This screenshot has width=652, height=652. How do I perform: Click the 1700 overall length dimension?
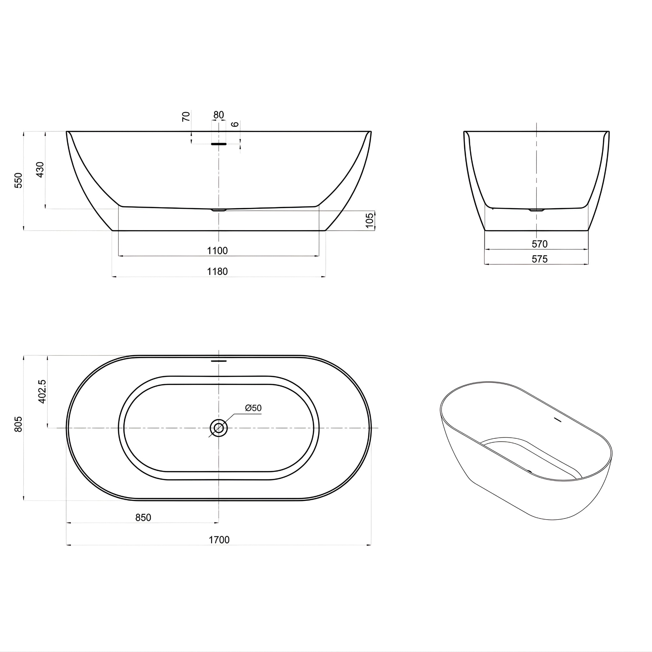(x=219, y=540)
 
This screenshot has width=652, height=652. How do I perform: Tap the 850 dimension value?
(x=143, y=517)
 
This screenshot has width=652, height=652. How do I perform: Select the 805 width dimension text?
(x=18, y=424)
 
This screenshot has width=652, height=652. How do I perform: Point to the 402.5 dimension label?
(x=42, y=391)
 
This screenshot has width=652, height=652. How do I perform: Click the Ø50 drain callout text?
(x=253, y=408)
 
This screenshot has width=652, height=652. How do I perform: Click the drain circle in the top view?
(x=219, y=428)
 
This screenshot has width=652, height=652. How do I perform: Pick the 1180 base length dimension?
(x=217, y=271)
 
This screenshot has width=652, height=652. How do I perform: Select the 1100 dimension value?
(x=217, y=251)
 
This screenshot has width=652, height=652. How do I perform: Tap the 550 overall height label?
(x=18, y=180)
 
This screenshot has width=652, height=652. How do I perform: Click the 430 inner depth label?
(x=40, y=170)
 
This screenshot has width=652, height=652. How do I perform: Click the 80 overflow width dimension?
(x=219, y=115)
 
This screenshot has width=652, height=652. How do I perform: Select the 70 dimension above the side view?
(x=186, y=117)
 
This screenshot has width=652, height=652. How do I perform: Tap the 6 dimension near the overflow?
(x=235, y=124)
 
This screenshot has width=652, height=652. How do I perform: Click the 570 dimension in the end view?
(x=539, y=244)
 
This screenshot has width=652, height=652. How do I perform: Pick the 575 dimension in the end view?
(x=539, y=259)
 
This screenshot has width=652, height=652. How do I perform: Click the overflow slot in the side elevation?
(x=219, y=144)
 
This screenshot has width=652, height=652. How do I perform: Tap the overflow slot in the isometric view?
(x=557, y=420)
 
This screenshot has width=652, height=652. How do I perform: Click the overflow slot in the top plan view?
(x=219, y=361)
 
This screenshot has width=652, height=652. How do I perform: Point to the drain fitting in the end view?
(x=536, y=210)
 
